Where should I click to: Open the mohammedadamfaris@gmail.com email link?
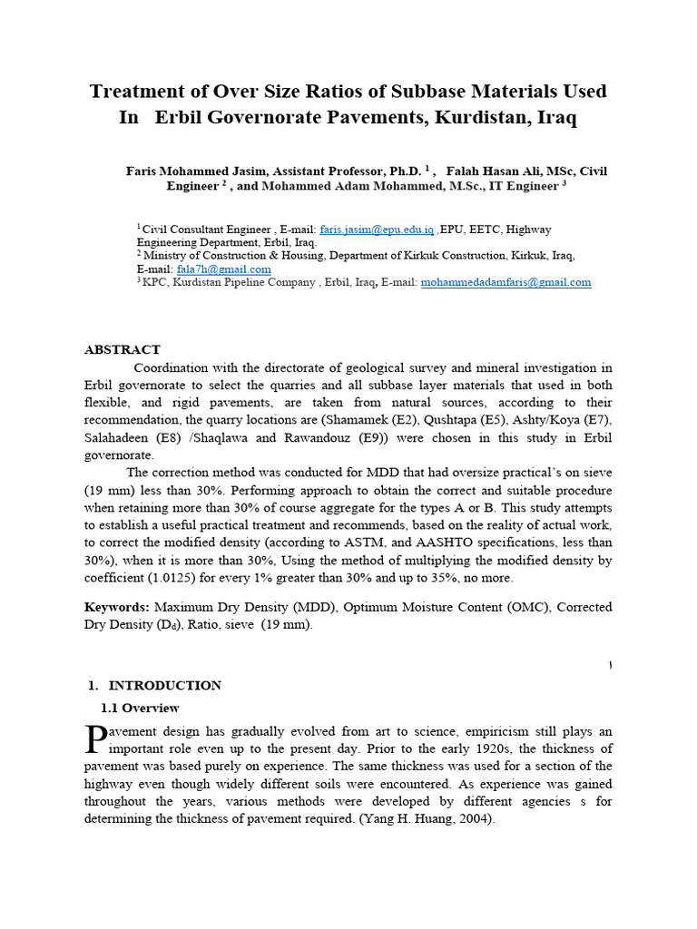[x=506, y=282]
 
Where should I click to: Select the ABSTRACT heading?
[x=122, y=349]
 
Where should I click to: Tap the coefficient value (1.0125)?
[x=180, y=577]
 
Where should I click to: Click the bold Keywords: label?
[x=117, y=606]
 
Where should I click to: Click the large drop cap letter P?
[x=95, y=739]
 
